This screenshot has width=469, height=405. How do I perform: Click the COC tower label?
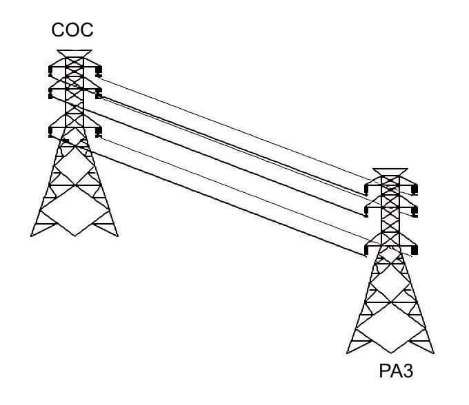click(x=72, y=32)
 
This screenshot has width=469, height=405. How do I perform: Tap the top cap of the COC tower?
click(x=74, y=53)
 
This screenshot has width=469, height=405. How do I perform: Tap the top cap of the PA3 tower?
click(x=390, y=172)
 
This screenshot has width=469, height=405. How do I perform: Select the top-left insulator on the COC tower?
click(x=51, y=72)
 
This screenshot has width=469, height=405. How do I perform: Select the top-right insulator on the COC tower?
click(x=99, y=71)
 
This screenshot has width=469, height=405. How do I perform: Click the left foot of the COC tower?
click(x=32, y=234)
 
